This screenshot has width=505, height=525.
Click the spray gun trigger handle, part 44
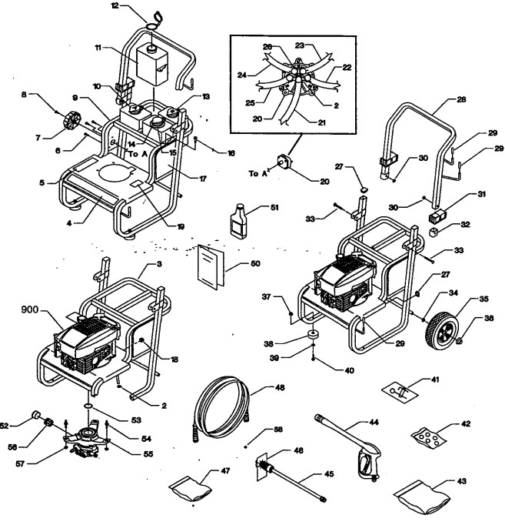(x=360, y=462)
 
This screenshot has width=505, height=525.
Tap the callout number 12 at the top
(x=136, y=6)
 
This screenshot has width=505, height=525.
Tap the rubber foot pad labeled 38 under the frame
(x=313, y=337)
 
